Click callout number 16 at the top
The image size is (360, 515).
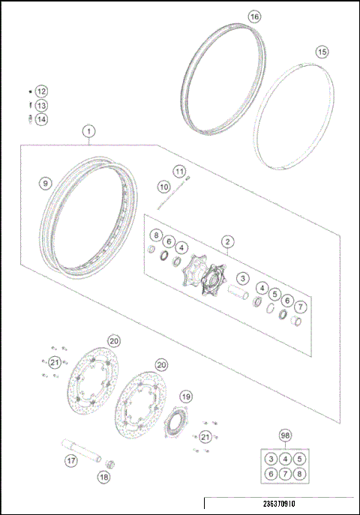pos(254,16)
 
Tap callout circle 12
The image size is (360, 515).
pos(41,91)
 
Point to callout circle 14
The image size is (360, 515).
pos(41,118)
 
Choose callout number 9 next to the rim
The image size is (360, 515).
pos(45,183)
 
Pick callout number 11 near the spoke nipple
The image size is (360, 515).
pos(179,171)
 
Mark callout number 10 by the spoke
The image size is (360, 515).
pos(163,186)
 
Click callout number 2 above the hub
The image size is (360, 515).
pos(226,241)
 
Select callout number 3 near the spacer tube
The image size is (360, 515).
pos(243,277)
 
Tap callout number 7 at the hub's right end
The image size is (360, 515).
pos(300,307)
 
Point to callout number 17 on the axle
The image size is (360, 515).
pos(70,462)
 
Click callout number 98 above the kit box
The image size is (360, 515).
pos(284,435)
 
